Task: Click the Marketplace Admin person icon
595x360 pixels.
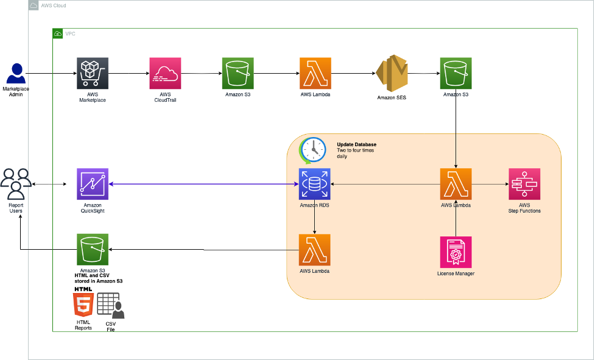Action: pyautogui.click(x=16, y=73)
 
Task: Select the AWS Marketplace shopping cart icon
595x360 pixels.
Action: pyautogui.click(x=93, y=74)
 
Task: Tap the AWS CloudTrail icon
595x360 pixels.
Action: pyautogui.click(x=165, y=74)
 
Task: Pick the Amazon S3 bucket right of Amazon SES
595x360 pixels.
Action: pyautogui.click(x=456, y=74)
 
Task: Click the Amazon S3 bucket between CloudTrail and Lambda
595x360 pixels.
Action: pyautogui.click(x=238, y=74)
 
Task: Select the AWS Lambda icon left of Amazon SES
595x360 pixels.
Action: pyautogui.click(x=315, y=74)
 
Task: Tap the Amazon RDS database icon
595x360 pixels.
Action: pyautogui.click(x=314, y=184)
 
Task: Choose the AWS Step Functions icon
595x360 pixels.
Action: pyautogui.click(x=524, y=184)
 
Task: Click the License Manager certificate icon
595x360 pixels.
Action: pyautogui.click(x=456, y=252)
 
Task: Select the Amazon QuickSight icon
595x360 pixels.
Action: pyautogui.click(x=93, y=184)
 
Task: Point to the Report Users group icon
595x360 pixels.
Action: pyautogui.click(x=16, y=184)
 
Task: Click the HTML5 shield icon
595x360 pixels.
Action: pyautogui.click(x=83, y=304)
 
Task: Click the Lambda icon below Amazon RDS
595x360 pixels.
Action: pyautogui.click(x=314, y=250)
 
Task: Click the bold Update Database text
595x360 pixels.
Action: pyautogui.click(x=356, y=144)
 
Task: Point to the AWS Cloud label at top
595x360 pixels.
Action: pyautogui.click(x=54, y=5)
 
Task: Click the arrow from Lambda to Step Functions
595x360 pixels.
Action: pyautogui.click(x=490, y=184)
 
